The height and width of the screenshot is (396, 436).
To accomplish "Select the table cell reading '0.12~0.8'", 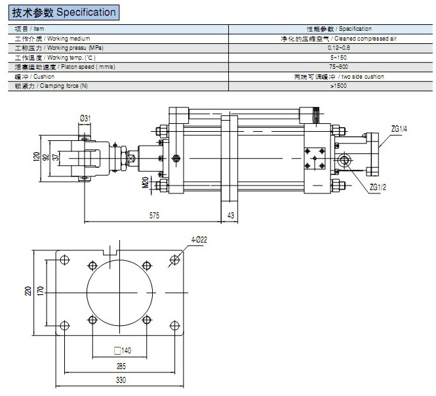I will coord(339,48).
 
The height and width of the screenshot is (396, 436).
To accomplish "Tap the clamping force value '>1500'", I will coord(339,86).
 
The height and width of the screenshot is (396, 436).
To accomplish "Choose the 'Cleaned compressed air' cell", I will coord(339,39).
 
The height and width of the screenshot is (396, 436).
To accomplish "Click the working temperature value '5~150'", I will coord(339,58).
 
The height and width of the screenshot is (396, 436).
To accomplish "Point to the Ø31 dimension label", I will coord(85,118).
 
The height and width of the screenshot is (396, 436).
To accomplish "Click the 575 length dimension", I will coord(155,214).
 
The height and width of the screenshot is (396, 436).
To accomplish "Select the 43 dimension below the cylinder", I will coord(230,214).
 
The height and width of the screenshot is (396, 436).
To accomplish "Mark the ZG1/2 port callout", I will coord(378,188).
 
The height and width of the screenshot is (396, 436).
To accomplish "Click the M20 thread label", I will coord(145,181).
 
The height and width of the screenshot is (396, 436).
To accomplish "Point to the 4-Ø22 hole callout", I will coord(199,241).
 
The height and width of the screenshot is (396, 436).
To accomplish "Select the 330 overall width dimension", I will coord(121,379).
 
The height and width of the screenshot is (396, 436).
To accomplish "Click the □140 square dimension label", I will coord(123,351).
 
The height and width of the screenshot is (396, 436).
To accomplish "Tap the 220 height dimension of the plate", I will coord(28,290).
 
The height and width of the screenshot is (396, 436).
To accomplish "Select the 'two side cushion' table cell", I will coord(339,77).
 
